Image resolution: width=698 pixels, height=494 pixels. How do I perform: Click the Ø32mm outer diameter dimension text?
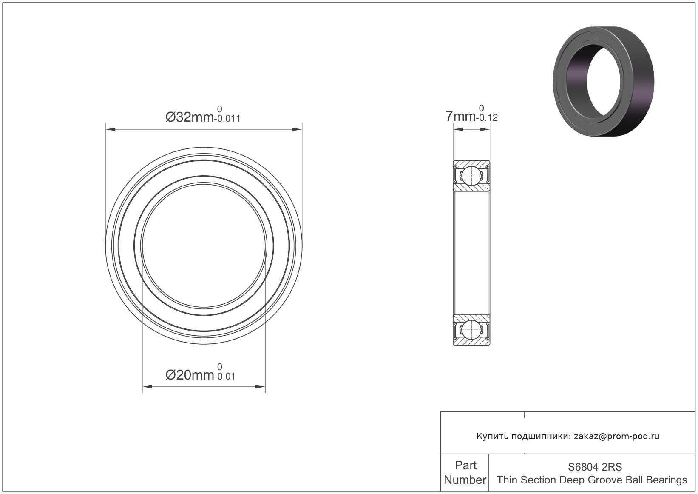point(190,117)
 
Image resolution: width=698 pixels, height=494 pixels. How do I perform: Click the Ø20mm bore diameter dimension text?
point(190,375)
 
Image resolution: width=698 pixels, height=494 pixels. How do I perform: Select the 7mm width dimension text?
point(460,116)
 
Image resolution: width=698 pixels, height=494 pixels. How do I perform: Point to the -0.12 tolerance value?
point(487,118)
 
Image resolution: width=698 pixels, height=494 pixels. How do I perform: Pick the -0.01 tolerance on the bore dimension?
point(225,377)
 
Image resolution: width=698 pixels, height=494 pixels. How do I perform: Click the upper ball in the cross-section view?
point(471,176)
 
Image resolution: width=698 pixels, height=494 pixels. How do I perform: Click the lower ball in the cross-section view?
point(471,330)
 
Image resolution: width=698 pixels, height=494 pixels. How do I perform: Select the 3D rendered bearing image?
point(604,81)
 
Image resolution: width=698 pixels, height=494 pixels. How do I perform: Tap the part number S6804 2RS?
point(595,467)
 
